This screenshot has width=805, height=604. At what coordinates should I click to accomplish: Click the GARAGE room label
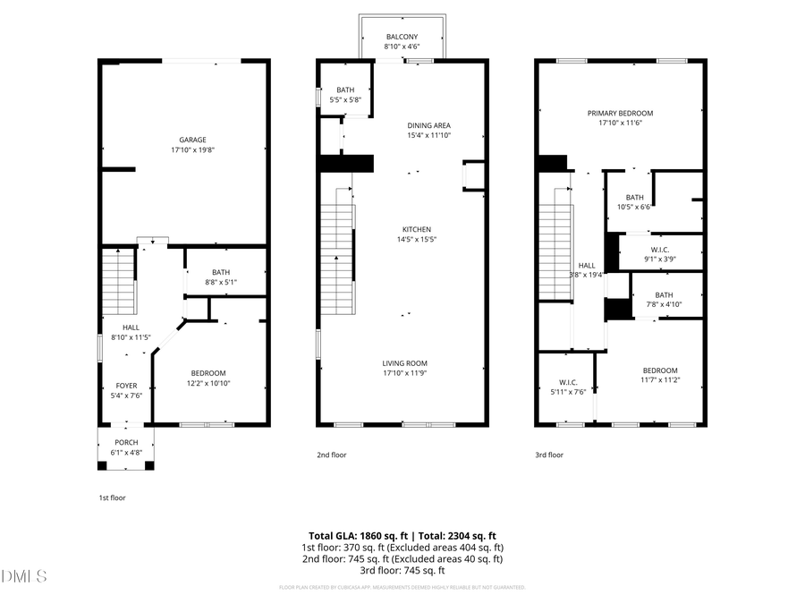pos(192,140)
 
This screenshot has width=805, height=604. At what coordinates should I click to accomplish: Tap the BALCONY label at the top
pos(402,37)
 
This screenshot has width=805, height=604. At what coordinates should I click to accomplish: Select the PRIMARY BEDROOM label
pos(620,113)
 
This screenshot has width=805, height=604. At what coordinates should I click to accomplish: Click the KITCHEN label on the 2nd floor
pos(416,229)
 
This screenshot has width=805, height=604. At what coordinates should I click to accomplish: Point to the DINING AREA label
pos(428,125)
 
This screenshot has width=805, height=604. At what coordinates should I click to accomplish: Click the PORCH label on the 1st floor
pos(126,443)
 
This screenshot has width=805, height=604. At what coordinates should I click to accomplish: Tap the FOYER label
pos(126,386)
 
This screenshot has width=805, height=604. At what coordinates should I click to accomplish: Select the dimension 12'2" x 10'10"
pos(208,383)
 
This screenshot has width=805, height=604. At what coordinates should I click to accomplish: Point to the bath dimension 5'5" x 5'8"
pos(345,99)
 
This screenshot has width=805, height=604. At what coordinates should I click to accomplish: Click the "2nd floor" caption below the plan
pos(331,455)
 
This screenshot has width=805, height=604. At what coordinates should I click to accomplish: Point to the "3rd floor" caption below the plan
pos(549,455)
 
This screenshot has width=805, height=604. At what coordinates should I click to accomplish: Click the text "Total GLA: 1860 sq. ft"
pos(352,535)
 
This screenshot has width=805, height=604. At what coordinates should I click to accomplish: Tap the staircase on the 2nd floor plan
pos(338,259)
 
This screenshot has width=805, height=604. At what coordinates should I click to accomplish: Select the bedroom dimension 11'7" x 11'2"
pos(660,380)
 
